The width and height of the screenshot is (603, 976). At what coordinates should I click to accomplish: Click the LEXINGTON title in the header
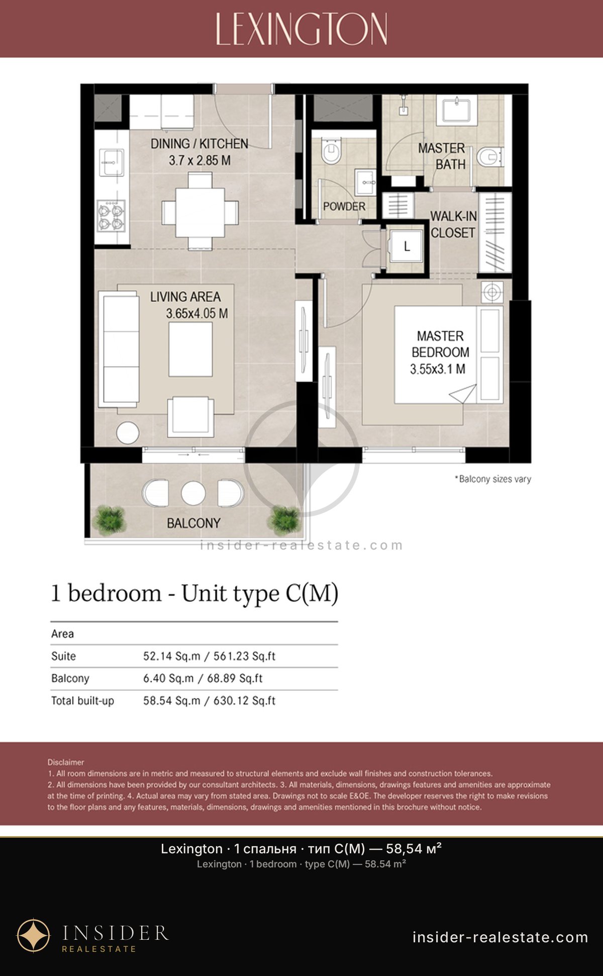coord(301,29)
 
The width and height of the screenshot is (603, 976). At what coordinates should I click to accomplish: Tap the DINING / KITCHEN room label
coord(199,144)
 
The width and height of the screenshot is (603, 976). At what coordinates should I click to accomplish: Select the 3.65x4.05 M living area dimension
coord(197,313)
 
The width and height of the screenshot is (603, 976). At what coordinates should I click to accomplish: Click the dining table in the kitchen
coord(200,212)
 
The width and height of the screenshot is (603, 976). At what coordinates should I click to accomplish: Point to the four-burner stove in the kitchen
coord(112,215)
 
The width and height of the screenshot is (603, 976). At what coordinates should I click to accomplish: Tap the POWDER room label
coord(344,206)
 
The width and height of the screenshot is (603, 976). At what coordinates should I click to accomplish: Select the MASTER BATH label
coord(442,156)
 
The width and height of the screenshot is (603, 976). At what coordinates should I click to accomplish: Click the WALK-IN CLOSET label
coord(453,224)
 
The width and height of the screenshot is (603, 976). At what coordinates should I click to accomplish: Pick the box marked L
coord(407,246)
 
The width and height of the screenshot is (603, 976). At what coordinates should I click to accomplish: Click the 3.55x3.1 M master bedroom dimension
coord(438,369)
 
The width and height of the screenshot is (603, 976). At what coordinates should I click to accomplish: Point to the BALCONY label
coord(193,523)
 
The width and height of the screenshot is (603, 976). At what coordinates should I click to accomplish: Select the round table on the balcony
coord(193,493)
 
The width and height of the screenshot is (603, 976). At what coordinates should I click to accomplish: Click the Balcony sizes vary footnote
coord(493,479)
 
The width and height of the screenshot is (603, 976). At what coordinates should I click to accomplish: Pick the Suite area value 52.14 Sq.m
coord(171,656)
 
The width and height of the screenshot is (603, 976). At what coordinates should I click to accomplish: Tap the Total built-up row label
coord(82,700)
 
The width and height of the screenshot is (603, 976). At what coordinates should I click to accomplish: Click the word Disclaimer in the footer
coord(66,762)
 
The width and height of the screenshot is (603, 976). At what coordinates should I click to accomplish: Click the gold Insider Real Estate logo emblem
coord(34,936)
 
